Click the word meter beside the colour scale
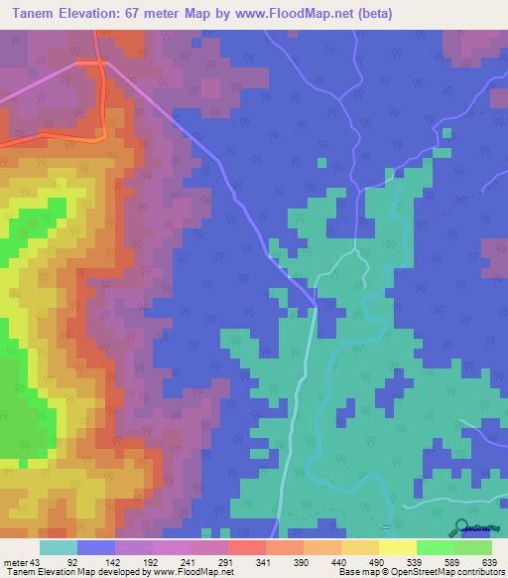coord(15,561)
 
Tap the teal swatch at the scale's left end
coord(59,547)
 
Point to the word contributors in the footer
coord(480,572)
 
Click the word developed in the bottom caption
coord(121,572)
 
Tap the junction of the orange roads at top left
coord(100,63)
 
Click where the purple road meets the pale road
coord(316,304)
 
